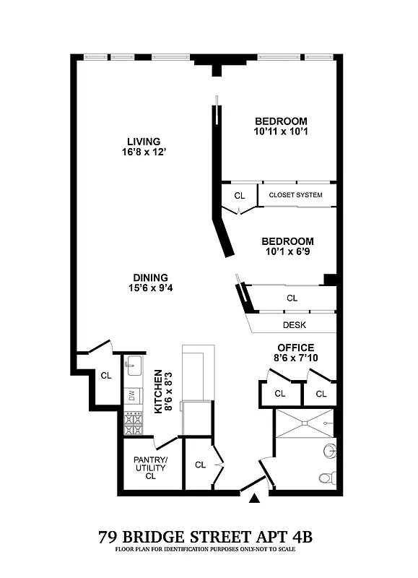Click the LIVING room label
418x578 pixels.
pyautogui.click(x=143, y=141)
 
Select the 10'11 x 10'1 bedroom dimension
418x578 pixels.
pyautogui.click(x=281, y=132)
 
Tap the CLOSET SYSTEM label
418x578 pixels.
pyautogui.click(x=295, y=195)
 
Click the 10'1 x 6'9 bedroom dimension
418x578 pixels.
pyautogui.click(x=287, y=252)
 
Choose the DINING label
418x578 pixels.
pyautogui.click(x=150, y=277)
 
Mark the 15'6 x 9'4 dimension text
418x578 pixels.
pyautogui.click(x=150, y=289)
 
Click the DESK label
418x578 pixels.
pyautogui.click(x=295, y=325)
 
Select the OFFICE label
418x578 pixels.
pyautogui.click(x=296, y=348)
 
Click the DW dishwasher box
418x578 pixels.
pyautogui.click(x=132, y=395)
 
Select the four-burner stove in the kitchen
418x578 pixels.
pyautogui.click(x=132, y=423)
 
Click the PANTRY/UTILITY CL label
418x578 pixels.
pyautogui.click(x=150, y=467)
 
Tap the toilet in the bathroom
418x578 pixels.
pyautogui.click(x=326, y=478)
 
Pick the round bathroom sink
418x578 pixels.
pyautogui.click(x=330, y=452)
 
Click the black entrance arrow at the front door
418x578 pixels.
pyautogui.click(x=253, y=499)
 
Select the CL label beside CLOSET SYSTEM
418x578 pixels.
pyautogui.click(x=240, y=196)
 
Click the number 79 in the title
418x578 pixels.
pyautogui.click(x=109, y=538)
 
